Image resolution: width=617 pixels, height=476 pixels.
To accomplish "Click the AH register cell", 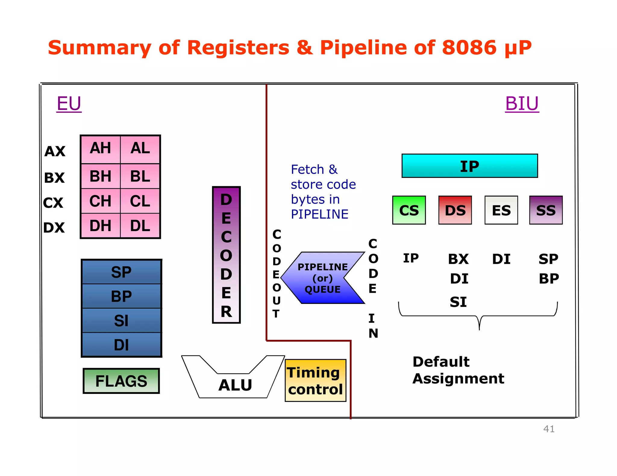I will click(x=100, y=149).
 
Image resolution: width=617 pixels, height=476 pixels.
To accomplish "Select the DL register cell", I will click(x=140, y=226).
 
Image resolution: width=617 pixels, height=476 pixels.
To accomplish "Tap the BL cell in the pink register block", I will click(x=140, y=176).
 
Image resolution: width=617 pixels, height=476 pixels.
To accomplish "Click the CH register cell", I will click(x=100, y=201).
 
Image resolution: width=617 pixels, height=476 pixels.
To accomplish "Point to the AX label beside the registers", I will click(x=55, y=151).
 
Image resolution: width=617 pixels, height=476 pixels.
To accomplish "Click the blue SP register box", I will click(x=121, y=272).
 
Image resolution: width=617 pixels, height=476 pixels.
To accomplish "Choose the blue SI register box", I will click(x=121, y=320).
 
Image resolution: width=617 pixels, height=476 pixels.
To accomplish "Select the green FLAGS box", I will click(x=121, y=381).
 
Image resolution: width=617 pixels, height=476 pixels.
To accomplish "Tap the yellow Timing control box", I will click(x=315, y=381).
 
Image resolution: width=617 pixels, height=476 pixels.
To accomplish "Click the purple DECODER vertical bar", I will click(x=226, y=255).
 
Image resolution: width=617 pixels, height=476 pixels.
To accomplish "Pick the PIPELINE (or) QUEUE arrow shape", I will click(x=322, y=278).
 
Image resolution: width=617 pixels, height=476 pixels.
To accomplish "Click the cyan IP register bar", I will click(x=469, y=166).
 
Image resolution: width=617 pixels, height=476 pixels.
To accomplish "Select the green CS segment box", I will click(x=409, y=210).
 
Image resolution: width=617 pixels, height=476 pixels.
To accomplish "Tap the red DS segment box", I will click(x=455, y=210).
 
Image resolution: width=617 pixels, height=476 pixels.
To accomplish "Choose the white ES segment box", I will click(x=501, y=210).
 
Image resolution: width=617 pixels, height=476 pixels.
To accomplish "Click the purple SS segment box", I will click(x=546, y=210).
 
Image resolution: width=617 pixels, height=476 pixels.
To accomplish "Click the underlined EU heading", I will click(x=69, y=104).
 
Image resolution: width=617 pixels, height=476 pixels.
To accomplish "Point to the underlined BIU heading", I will click(x=522, y=104).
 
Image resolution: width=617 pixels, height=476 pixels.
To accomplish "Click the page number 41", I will click(x=549, y=429).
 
